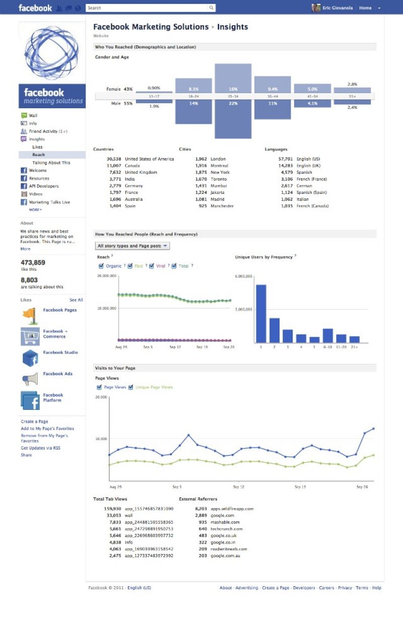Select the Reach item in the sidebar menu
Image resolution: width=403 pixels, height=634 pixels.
tap(39, 155)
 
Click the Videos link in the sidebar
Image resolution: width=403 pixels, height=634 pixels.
tap(36, 194)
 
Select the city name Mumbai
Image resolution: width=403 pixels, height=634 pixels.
tap(219, 186)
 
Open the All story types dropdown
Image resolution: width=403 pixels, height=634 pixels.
tap(132, 246)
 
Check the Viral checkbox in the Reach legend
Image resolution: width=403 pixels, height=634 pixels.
tap(152, 266)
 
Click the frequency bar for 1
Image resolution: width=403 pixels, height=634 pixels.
tap(261, 313)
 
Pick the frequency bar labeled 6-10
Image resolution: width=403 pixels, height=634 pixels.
tap(328, 335)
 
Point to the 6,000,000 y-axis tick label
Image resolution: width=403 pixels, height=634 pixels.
tap(243, 276)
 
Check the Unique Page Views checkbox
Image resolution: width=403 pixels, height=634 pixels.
tap(131, 387)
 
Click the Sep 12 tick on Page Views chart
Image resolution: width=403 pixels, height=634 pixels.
tap(239, 487)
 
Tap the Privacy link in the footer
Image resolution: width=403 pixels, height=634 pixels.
tap(345, 588)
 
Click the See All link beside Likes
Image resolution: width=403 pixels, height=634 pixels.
tap(76, 300)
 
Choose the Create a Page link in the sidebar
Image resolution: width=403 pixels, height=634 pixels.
tap(34, 421)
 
